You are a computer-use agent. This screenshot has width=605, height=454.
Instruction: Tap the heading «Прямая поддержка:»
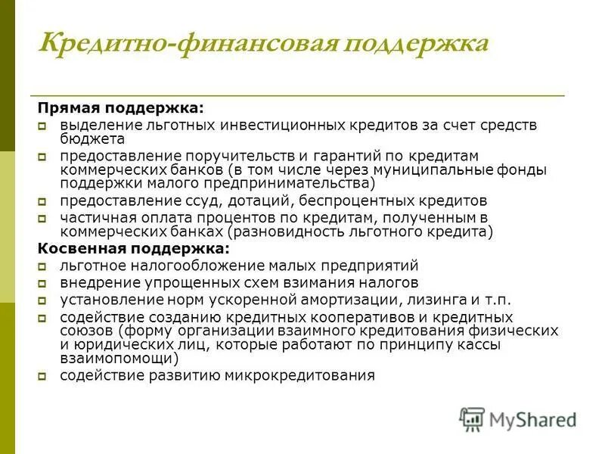pyautogui.click(x=121, y=109)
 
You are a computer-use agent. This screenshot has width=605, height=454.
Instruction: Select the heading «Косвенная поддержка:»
pyautogui.click(x=133, y=248)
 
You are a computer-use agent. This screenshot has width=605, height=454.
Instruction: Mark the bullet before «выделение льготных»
pyautogui.click(x=44, y=126)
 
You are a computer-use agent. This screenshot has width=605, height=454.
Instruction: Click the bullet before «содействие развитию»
pyautogui.click(x=44, y=376)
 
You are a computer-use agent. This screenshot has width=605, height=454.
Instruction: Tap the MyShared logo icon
pyautogui.click(x=473, y=418)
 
